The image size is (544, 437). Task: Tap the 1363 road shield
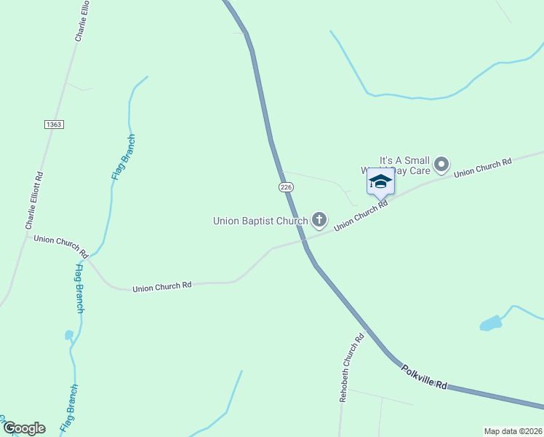pos(53,125)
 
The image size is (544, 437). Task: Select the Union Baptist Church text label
pos(260,220)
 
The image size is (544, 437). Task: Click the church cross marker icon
pos(319,219)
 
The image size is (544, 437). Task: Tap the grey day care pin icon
pos(441,164)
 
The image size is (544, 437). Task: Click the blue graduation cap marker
pos(380,182)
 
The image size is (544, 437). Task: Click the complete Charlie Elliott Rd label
pos(35,201)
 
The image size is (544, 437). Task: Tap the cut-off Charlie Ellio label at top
pos(81,20)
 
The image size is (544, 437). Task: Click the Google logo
pos(23,428)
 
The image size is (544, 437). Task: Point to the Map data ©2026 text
pos(513,431)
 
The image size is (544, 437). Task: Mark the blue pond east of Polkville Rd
pos(491,323)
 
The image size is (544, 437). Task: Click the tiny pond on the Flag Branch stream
pos(69,335)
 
